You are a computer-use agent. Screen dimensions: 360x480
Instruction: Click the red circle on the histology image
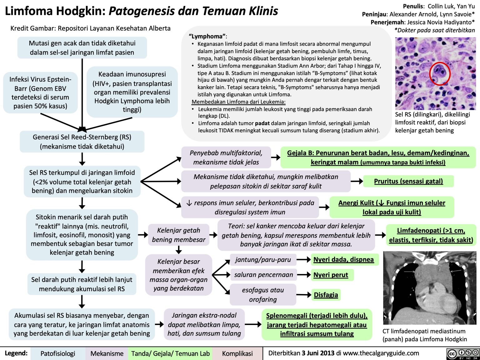click(x=440, y=73)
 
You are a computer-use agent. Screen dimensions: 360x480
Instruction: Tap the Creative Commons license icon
click(x=463, y=353)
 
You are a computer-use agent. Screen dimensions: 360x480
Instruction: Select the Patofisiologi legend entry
click(x=58, y=353)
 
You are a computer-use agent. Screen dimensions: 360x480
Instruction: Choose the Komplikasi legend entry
click(x=237, y=353)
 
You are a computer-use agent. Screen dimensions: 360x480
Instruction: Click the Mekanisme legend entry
click(x=107, y=353)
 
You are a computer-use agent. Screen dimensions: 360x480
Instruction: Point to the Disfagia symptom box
click(x=326, y=295)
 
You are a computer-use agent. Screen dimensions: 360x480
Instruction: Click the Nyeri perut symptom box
click(x=331, y=275)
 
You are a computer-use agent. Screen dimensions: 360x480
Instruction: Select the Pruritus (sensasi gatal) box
click(x=408, y=181)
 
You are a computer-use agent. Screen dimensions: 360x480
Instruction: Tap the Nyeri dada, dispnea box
click(x=343, y=260)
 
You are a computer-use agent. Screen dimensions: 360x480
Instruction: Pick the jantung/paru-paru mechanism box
click(x=263, y=260)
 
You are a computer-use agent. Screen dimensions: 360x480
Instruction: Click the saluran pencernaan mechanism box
click(x=264, y=275)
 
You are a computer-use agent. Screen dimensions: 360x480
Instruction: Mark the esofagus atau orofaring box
click(x=263, y=295)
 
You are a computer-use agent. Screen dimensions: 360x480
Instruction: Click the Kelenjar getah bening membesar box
click(x=179, y=235)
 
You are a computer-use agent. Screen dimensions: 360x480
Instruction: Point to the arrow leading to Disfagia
click(x=304, y=294)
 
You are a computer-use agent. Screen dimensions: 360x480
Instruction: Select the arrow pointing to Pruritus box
click(x=357, y=181)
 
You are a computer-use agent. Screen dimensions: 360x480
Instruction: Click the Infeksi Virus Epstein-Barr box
click(x=40, y=92)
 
